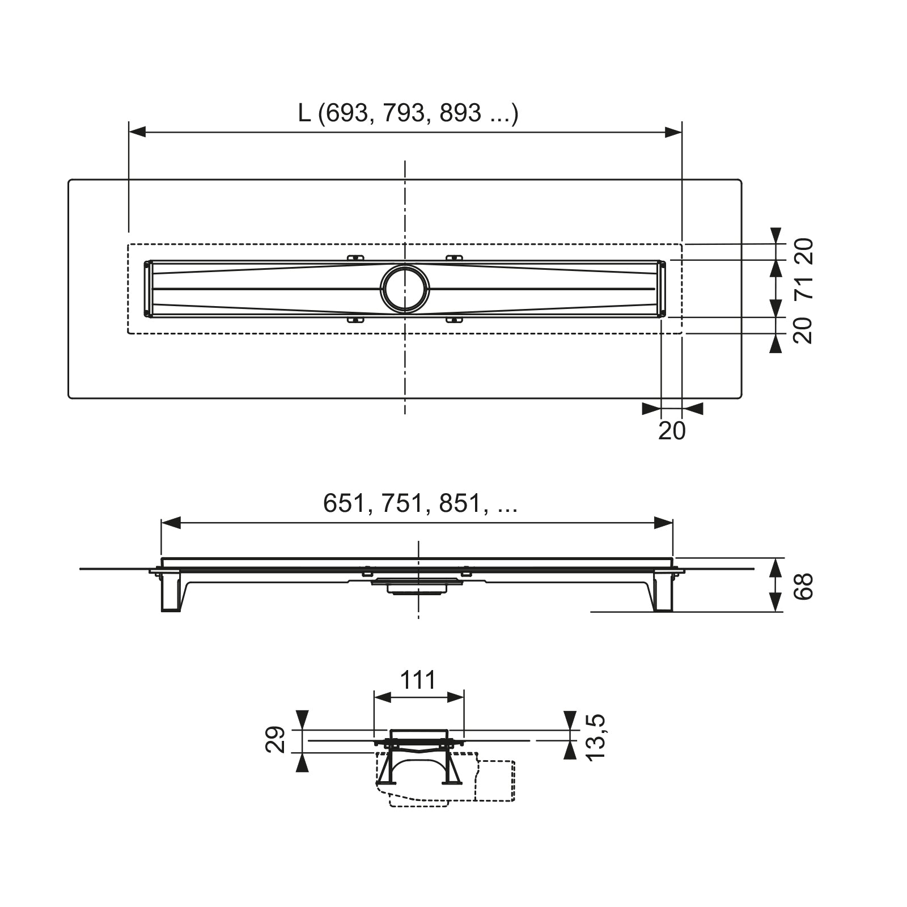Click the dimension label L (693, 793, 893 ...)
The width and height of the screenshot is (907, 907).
(x=408, y=113)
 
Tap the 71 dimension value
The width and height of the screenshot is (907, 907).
(x=804, y=288)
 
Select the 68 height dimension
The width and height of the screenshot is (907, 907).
(x=804, y=586)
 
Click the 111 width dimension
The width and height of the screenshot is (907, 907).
(x=418, y=679)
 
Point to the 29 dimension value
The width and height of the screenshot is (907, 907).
(x=276, y=740)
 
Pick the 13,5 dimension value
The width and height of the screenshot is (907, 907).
(x=596, y=738)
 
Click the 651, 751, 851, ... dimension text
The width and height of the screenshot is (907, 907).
(x=420, y=503)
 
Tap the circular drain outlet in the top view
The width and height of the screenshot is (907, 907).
(x=405, y=288)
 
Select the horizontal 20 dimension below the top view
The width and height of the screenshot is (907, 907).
(x=672, y=431)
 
